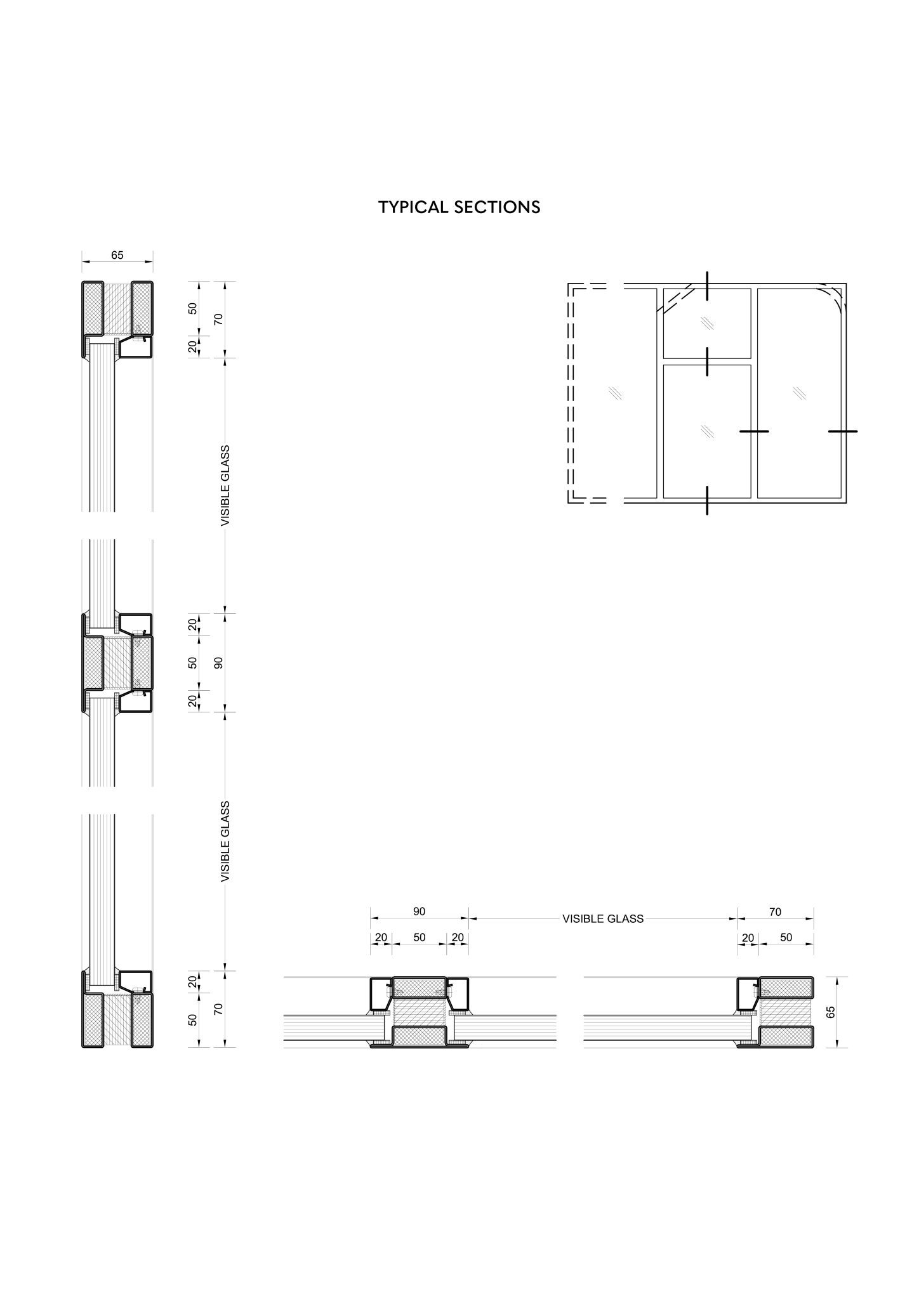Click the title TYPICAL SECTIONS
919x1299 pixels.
click(459, 207)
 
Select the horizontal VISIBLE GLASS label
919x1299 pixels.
click(603, 918)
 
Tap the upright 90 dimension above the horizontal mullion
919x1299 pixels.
click(419, 911)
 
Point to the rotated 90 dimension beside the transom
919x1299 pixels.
click(218, 663)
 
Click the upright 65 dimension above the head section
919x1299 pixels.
click(117, 255)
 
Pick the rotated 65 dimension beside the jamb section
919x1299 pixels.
click(831, 1012)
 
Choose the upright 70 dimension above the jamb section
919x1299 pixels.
click(775, 912)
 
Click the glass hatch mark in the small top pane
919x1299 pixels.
click(707, 323)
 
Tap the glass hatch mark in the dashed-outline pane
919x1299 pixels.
click(615, 393)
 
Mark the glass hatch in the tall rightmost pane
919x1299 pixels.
click(799, 393)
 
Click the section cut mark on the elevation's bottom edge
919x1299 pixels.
click(707, 500)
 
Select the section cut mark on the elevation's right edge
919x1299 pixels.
click(843, 431)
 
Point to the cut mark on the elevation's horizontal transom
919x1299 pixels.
click(707, 362)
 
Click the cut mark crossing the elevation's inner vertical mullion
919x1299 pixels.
click(754, 431)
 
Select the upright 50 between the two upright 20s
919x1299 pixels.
click(419, 937)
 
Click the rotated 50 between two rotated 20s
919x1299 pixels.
click(193, 663)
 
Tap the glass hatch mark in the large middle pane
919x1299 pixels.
click(707, 431)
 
